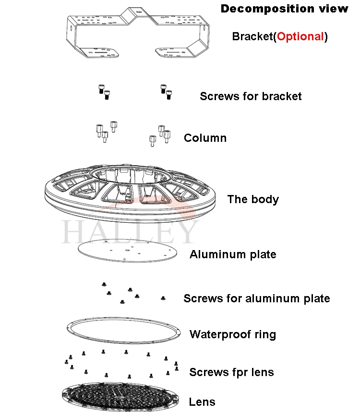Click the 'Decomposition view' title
(x=284, y=9)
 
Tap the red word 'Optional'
(x=300, y=36)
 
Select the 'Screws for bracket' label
(x=251, y=96)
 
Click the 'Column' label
(x=205, y=138)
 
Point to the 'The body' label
(x=252, y=199)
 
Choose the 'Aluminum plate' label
(x=233, y=254)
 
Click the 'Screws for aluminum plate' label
(x=256, y=298)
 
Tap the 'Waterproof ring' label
(x=233, y=334)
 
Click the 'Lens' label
(x=202, y=402)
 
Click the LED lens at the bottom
(x=120, y=397)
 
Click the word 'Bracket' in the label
(x=252, y=36)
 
